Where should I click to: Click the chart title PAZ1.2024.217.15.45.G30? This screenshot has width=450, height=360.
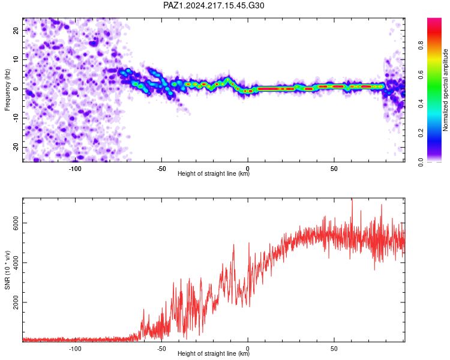tap(214, 5)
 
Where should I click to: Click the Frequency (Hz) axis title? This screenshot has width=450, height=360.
tap(7, 90)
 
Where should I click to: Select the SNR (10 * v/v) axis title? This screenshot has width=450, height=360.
tap(7, 270)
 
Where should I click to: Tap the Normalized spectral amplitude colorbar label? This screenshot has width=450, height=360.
tap(445, 90)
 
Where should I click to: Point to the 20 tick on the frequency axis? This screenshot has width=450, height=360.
tap(16, 30)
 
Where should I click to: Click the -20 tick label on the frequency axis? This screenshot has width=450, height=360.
tap(16, 147)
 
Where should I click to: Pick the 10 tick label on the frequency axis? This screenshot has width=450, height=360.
tap(16, 59)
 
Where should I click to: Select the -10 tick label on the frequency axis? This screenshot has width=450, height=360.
tap(16, 118)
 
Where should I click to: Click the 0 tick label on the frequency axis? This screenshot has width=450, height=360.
tap(16, 89)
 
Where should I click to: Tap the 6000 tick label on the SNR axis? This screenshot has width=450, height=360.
tap(16, 223)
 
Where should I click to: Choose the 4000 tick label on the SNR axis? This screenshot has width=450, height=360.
tap(16, 263)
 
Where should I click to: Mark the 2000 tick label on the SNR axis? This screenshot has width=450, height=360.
tap(16, 302)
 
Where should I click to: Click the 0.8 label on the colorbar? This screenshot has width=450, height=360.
tap(421, 46)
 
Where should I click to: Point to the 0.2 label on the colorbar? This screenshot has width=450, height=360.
tap(421, 133)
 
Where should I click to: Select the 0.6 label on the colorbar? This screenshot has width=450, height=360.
tap(421, 74)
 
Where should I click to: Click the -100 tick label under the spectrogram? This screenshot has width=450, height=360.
tap(75, 169)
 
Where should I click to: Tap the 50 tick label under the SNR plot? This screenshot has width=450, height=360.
tap(334, 349)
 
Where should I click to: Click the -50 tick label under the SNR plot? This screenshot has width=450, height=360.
tap(161, 349)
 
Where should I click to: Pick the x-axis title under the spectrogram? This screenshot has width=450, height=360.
tap(214, 173)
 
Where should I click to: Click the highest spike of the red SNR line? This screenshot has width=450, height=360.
tap(352, 199)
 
